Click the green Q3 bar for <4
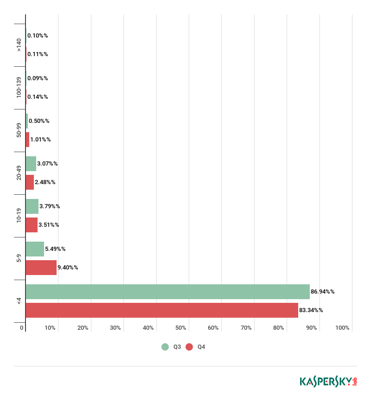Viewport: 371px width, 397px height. pyautogui.click(x=167, y=292)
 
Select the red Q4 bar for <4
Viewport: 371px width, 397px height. pyautogui.click(x=162, y=310)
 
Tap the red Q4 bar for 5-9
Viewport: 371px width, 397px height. pyautogui.click(x=41, y=268)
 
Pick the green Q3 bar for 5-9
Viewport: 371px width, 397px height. pyautogui.click(x=35, y=249)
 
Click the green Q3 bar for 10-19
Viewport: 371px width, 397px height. pyautogui.click(x=32, y=206)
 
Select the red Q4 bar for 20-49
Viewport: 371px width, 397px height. pyautogui.click(x=30, y=182)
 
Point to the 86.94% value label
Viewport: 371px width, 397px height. pyautogui.click(x=323, y=292)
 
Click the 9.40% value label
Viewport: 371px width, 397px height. pyautogui.click(x=68, y=268)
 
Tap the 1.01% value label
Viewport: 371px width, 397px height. pyautogui.click(x=40, y=140)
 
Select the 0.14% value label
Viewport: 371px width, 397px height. pyautogui.click(x=38, y=97)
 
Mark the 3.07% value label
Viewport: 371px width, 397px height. pyautogui.click(x=47, y=164)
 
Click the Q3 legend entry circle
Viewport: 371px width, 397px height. pyautogui.click(x=165, y=347)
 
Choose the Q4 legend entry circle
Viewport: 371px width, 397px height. pyautogui.click(x=189, y=347)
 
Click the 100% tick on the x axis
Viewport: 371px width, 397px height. pyautogui.click(x=342, y=328)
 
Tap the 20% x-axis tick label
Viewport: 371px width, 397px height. pyautogui.click(x=83, y=328)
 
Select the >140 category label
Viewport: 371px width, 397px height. pyautogui.click(x=19, y=45)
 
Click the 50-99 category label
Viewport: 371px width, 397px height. pyautogui.click(x=19, y=130)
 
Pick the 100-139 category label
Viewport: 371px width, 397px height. pyautogui.click(x=19, y=88)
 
